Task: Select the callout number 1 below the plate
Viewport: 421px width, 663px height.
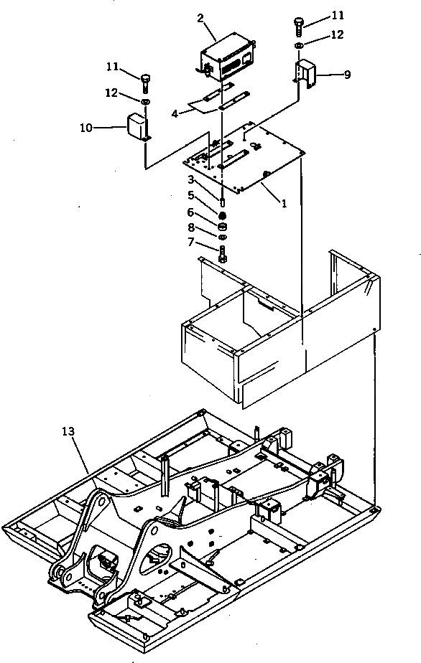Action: pyautogui.click(x=284, y=203)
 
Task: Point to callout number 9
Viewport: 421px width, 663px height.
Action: pyautogui.click(x=347, y=74)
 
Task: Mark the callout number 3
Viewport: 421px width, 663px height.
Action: pyautogui.click(x=192, y=179)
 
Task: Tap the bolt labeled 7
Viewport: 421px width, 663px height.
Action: pyautogui.click(x=222, y=255)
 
